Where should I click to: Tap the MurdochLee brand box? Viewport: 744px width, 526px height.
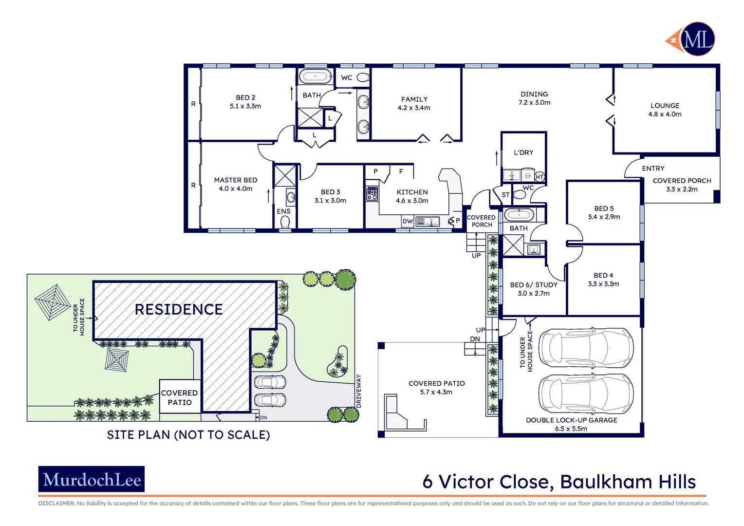pyautogui.click(x=92, y=479)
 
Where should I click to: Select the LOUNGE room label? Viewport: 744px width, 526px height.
pyautogui.click(x=665, y=106)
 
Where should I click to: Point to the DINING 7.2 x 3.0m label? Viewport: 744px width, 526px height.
pyautogui.click(x=534, y=98)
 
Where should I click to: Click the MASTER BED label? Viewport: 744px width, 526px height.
pyautogui.click(x=235, y=180)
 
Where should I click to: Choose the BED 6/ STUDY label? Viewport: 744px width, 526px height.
pyautogui.click(x=534, y=285)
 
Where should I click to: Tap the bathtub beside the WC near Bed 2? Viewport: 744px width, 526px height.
pyautogui.click(x=315, y=76)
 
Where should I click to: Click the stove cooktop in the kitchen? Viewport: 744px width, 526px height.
pyautogui.click(x=372, y=194)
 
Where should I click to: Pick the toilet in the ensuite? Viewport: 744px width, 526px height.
pyautogui.click(x=285, y=222)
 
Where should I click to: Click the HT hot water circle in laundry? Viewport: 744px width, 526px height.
pyautogui.click(x=539, y=177)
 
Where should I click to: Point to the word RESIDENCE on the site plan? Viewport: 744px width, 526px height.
pyautogui.click(x=179, y=310)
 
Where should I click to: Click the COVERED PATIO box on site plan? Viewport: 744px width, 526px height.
pyautogui.click(x=180, y=397)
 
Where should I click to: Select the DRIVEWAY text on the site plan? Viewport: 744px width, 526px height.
pyautogui.click(x=359, y=391)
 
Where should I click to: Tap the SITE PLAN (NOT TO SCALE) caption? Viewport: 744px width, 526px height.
pyautogui.click(x=188, y=435)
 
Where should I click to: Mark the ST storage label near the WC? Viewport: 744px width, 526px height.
pyautogui.click(x=505, y=195)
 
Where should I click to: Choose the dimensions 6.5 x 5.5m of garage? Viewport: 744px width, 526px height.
pyautogui.click(x=571, y=429)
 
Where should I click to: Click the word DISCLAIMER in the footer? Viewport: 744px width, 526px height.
pyautogui.click(x=56, y=504)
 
